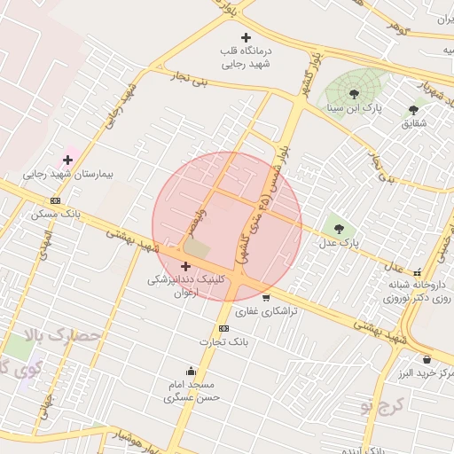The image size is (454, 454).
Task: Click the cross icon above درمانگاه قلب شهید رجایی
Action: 246,37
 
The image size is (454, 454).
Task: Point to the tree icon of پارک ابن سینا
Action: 355,93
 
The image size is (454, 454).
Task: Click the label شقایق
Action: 414,122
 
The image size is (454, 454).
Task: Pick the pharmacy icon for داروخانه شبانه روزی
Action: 419,271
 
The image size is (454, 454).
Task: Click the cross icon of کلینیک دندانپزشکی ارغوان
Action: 185,266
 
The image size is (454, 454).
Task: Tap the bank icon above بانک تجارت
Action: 223,328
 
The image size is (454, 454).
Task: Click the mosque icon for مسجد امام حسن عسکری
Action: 191,371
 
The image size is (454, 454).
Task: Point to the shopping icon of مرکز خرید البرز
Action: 428,359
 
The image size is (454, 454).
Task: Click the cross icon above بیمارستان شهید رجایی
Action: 67,160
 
